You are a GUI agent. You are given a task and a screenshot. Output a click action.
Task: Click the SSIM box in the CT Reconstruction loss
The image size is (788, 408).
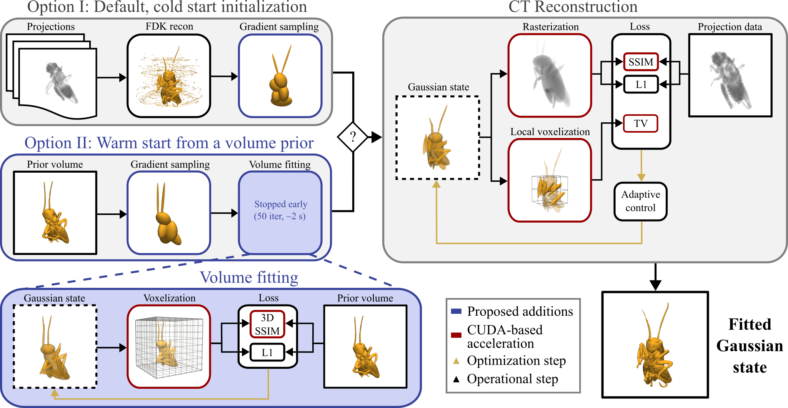pyautogui.click(x=641, y=62)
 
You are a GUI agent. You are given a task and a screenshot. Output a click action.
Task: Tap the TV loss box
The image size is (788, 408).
pyautogui.click(x=640, y=123)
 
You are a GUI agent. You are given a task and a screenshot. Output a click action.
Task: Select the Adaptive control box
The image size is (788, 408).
pyautogui.click(x=640, y=201)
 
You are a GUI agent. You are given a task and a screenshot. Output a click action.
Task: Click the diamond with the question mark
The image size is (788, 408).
pyautogui.click(x=353, y=137)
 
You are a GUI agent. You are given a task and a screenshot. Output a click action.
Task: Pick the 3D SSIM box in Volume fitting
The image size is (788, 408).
pyautogui.click(x=267, y=324)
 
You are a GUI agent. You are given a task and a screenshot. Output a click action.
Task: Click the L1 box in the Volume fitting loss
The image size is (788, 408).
pyautogui.click(x=267, y=352)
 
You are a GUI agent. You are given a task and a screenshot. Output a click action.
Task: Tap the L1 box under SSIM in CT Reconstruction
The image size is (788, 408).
pyautogui.click(x=641, y=85)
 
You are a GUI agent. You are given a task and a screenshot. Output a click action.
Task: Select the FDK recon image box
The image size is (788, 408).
pyautogui.click(x=169, y=76)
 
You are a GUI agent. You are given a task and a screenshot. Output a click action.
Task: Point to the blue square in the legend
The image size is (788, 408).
pyautogui.click(x=456, y=311)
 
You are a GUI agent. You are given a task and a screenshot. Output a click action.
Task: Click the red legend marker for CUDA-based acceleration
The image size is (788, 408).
pyautogui.click(x=456, y=335)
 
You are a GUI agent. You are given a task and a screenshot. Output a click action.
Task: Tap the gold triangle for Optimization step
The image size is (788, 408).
pyautogui.click(x=456, y=361)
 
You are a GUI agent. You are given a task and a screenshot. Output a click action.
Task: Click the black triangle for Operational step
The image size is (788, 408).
pyautogui.click(x=456, y=380)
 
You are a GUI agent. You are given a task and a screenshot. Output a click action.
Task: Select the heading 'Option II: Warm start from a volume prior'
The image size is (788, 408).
pyautogui.click(x=169, y=143)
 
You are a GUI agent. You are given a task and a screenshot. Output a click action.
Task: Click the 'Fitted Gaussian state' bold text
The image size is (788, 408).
pyautogui.click(x=749, y=346)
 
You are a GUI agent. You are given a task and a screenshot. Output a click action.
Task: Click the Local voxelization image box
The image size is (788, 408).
pyautogui.click(x=550, y=180)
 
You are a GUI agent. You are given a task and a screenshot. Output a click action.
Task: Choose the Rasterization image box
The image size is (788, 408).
pyautogui.click(x=550, y=75)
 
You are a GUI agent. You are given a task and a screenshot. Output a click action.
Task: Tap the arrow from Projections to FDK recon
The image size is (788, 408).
pyautogui.click(x=112, y=77)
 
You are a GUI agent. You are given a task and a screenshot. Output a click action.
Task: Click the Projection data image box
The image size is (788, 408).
pyautogui.click(x=730, y=75)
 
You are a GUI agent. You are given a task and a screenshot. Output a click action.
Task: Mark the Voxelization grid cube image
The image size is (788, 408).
pyautogui.click(x=169, y=346)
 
